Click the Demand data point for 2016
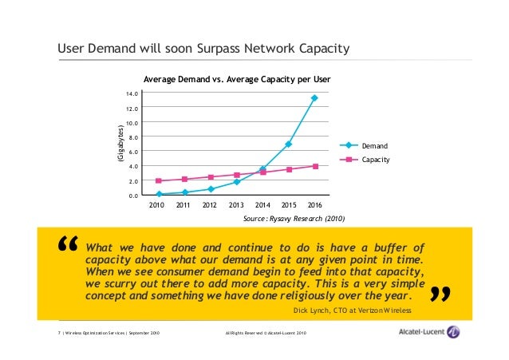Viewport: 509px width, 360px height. pos(314,98)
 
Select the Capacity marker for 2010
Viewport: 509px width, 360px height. pos(159,181)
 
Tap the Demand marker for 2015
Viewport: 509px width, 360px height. pos(288,144)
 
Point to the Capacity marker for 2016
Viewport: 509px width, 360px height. pos(314,166)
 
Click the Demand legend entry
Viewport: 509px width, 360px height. pos(374,146)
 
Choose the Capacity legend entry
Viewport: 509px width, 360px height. pos(375,160)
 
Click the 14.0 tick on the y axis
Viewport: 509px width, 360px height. pos(131,94)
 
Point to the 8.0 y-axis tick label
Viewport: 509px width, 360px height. pos(132,137)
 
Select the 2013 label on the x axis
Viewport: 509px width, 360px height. pos(236,205)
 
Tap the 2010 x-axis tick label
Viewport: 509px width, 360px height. pos(159,205)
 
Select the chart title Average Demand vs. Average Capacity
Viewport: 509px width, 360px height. pos(236,81)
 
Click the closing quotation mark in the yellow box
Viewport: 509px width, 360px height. pos(440,296)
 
